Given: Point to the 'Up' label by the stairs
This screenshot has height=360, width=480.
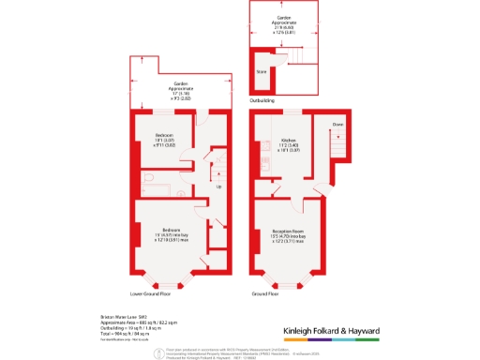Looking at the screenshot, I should tap(220, 187).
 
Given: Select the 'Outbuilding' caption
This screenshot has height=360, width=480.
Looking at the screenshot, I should tap(262, 98).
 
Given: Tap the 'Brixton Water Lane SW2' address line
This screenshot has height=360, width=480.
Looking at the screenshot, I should tap(119, 317).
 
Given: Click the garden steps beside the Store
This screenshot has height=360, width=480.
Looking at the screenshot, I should tap(290, 63).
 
